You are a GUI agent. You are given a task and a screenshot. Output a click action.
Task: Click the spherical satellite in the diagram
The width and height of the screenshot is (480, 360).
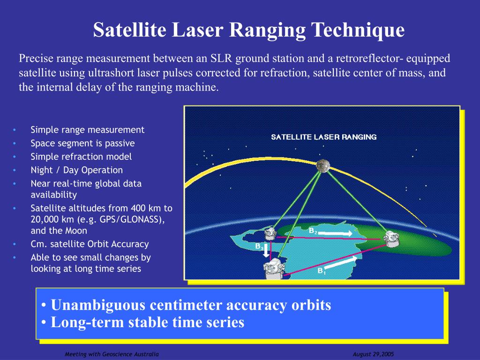(322, 165)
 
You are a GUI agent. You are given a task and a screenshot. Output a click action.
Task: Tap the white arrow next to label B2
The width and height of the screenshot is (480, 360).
(337, 233)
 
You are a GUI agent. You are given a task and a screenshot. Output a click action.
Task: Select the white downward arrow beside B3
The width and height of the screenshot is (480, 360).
(266, 251)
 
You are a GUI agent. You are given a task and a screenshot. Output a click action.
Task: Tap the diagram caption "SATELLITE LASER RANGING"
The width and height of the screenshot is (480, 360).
(323, 137)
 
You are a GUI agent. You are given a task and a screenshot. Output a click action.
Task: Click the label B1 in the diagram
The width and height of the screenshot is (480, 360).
(322, 271)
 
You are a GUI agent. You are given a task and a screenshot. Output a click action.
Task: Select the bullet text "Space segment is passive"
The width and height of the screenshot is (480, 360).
(82, 143)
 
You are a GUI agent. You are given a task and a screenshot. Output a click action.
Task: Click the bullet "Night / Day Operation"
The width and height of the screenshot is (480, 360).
(76, 170)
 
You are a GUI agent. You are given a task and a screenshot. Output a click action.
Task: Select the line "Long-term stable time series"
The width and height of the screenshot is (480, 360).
(147, 322)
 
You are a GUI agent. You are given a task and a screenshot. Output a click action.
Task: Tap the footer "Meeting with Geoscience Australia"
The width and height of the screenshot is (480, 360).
(112, 354)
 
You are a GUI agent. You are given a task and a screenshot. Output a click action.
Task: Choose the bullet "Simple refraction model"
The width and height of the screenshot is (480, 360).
(81, 157)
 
